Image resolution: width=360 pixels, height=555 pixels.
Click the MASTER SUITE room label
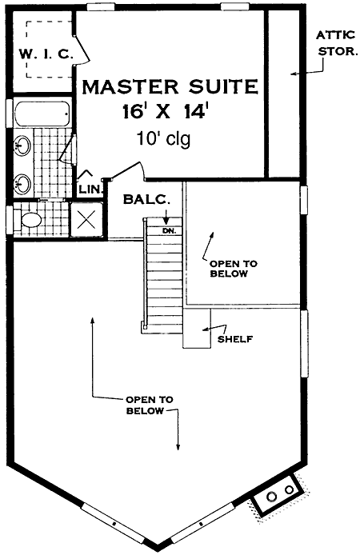point(170,87)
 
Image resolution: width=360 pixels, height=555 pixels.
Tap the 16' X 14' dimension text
point(164,112)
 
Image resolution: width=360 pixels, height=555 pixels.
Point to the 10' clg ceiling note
point(163,139)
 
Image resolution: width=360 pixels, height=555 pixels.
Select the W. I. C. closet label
point(46,54)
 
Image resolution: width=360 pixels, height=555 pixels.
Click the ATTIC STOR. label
point(336,43)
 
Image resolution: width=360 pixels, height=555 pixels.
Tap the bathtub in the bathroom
point(42,114)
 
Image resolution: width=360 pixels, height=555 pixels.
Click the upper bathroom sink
point(22,146)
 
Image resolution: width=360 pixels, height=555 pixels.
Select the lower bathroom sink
point(22,184)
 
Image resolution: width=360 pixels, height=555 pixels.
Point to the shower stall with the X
point(86,220)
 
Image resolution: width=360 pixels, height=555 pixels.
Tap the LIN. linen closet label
point(90,189)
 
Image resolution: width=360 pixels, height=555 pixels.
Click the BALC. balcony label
point(146,200)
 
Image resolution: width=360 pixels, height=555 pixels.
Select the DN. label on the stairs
point(170,231)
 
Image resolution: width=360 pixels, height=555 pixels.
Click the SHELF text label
point(235,339)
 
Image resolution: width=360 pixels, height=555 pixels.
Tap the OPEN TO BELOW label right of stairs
point(234,269)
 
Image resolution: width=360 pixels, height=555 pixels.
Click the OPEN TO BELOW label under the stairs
point(150,405)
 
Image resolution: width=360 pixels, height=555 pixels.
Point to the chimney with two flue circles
point(278,496)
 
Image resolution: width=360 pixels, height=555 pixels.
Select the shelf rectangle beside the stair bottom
point(197,328)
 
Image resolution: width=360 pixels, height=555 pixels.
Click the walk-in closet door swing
point(82,50)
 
